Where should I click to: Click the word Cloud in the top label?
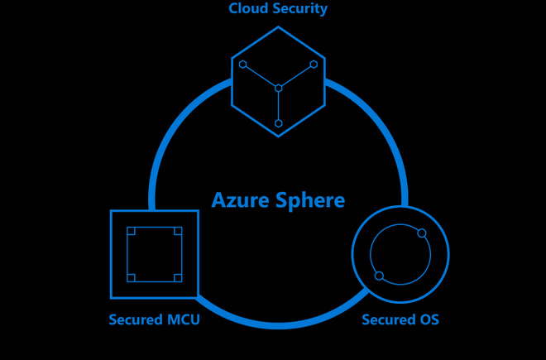(247, 9)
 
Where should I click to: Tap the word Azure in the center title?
(241, 200)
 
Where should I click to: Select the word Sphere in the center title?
(309, 200)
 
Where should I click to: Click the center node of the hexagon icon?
(278, 87)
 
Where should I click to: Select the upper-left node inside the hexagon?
(242, 64)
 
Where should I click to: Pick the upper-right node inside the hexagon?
(314, 64)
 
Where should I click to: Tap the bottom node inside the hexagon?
(278, 123)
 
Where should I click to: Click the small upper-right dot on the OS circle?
(422, 233)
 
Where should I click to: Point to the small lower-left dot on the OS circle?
(379, 276)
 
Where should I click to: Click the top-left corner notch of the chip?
(131, 231)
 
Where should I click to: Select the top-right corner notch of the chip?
(178, 231)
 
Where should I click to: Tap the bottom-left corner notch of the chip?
(131, 277)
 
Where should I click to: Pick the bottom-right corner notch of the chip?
(178, 277)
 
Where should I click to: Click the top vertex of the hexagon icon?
(278, 26)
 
